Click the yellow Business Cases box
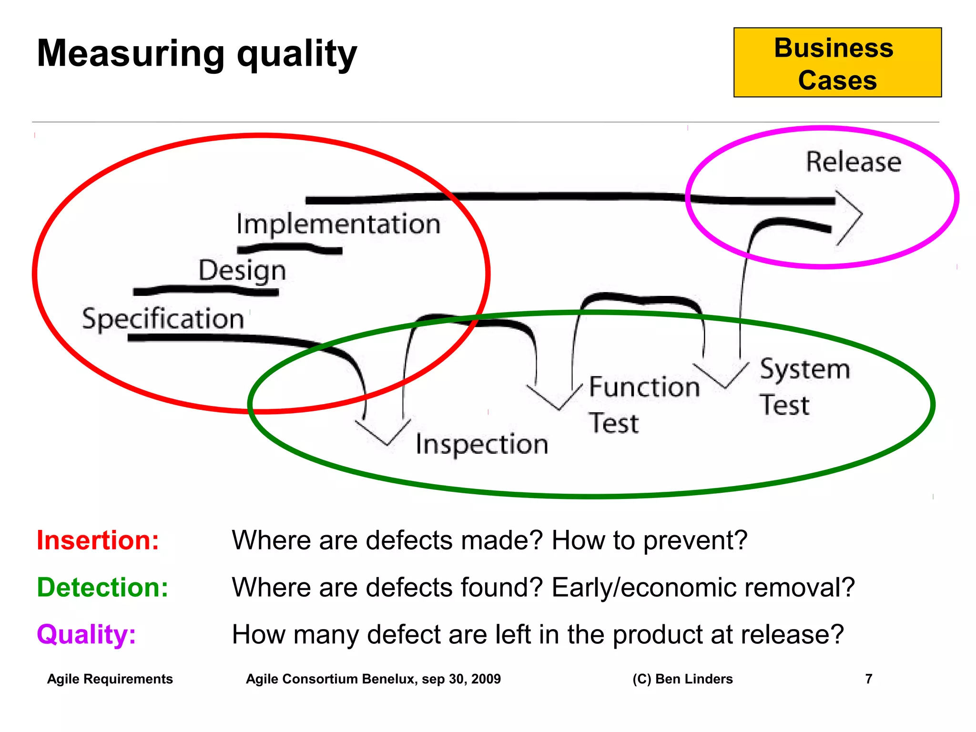(837, 62)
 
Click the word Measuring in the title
(131, 53)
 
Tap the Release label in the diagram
(853, 162)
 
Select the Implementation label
(338, 224)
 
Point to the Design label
(242, 270)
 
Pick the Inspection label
(481, 444)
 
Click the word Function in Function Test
(644, 386)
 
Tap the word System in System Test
(804, 369)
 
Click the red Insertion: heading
(98, 540)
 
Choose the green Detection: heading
(102, 587)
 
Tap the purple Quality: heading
(86, 634)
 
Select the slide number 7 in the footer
(868, 679)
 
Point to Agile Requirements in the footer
(110, 679)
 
